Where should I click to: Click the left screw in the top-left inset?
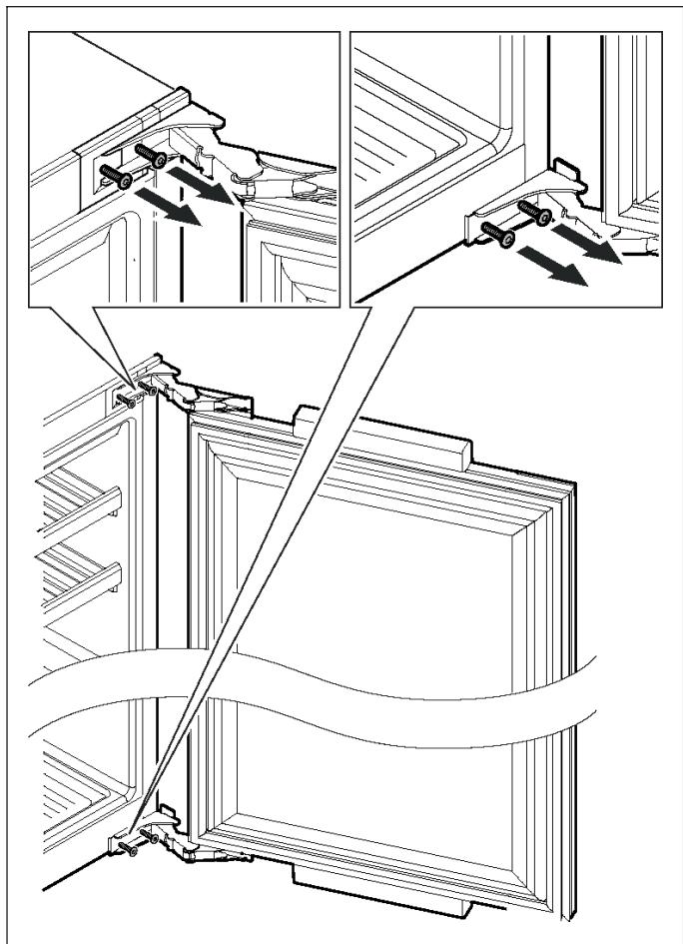pyautogui.click(x=116, y=176)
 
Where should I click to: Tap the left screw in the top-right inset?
pyautogui.click(x=496, y=235)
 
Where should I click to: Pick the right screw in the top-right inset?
pyautogui.click(x=534, y=211)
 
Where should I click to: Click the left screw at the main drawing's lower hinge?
pyautogui.click(x=127, y=848)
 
